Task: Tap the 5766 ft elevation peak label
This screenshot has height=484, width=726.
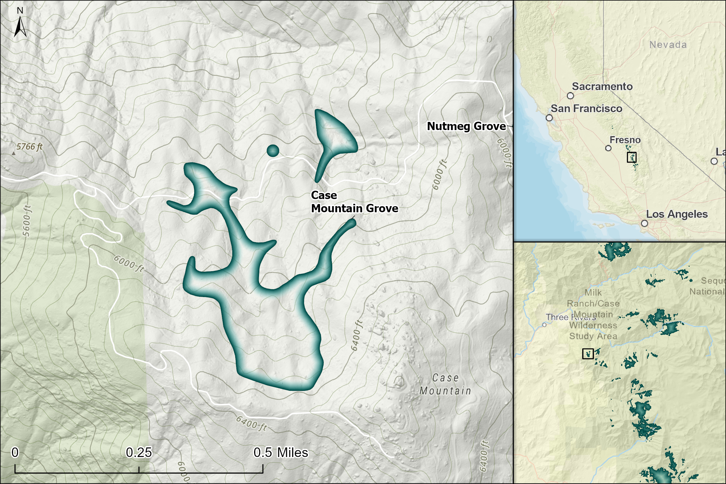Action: click(29, 147)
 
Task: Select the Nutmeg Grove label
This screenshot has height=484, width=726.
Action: click(466, 126)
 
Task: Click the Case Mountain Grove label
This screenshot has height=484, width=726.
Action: click(354, 202)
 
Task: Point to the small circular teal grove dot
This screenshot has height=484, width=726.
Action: click(273, 151)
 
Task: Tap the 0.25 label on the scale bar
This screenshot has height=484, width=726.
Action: click(139, 453)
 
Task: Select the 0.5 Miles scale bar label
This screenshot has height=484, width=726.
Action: click(281, 453)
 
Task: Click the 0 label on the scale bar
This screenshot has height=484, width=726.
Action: click(15, 453)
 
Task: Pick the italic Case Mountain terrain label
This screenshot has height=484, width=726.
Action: click(445, 384)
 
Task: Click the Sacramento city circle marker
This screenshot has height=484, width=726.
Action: click(570, 96)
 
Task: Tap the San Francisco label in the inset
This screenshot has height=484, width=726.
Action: click(587, 109)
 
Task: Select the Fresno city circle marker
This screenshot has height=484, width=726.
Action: click(608, 148)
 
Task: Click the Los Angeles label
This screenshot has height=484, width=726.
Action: click(677, 214)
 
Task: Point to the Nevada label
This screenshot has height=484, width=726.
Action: click(668, 45)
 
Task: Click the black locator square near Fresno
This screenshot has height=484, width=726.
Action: click(632, 157)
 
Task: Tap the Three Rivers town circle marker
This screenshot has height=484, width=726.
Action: click(544, 325)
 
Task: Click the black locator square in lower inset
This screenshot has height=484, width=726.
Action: click(588, 354)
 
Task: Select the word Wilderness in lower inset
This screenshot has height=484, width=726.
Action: click(593, 325)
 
